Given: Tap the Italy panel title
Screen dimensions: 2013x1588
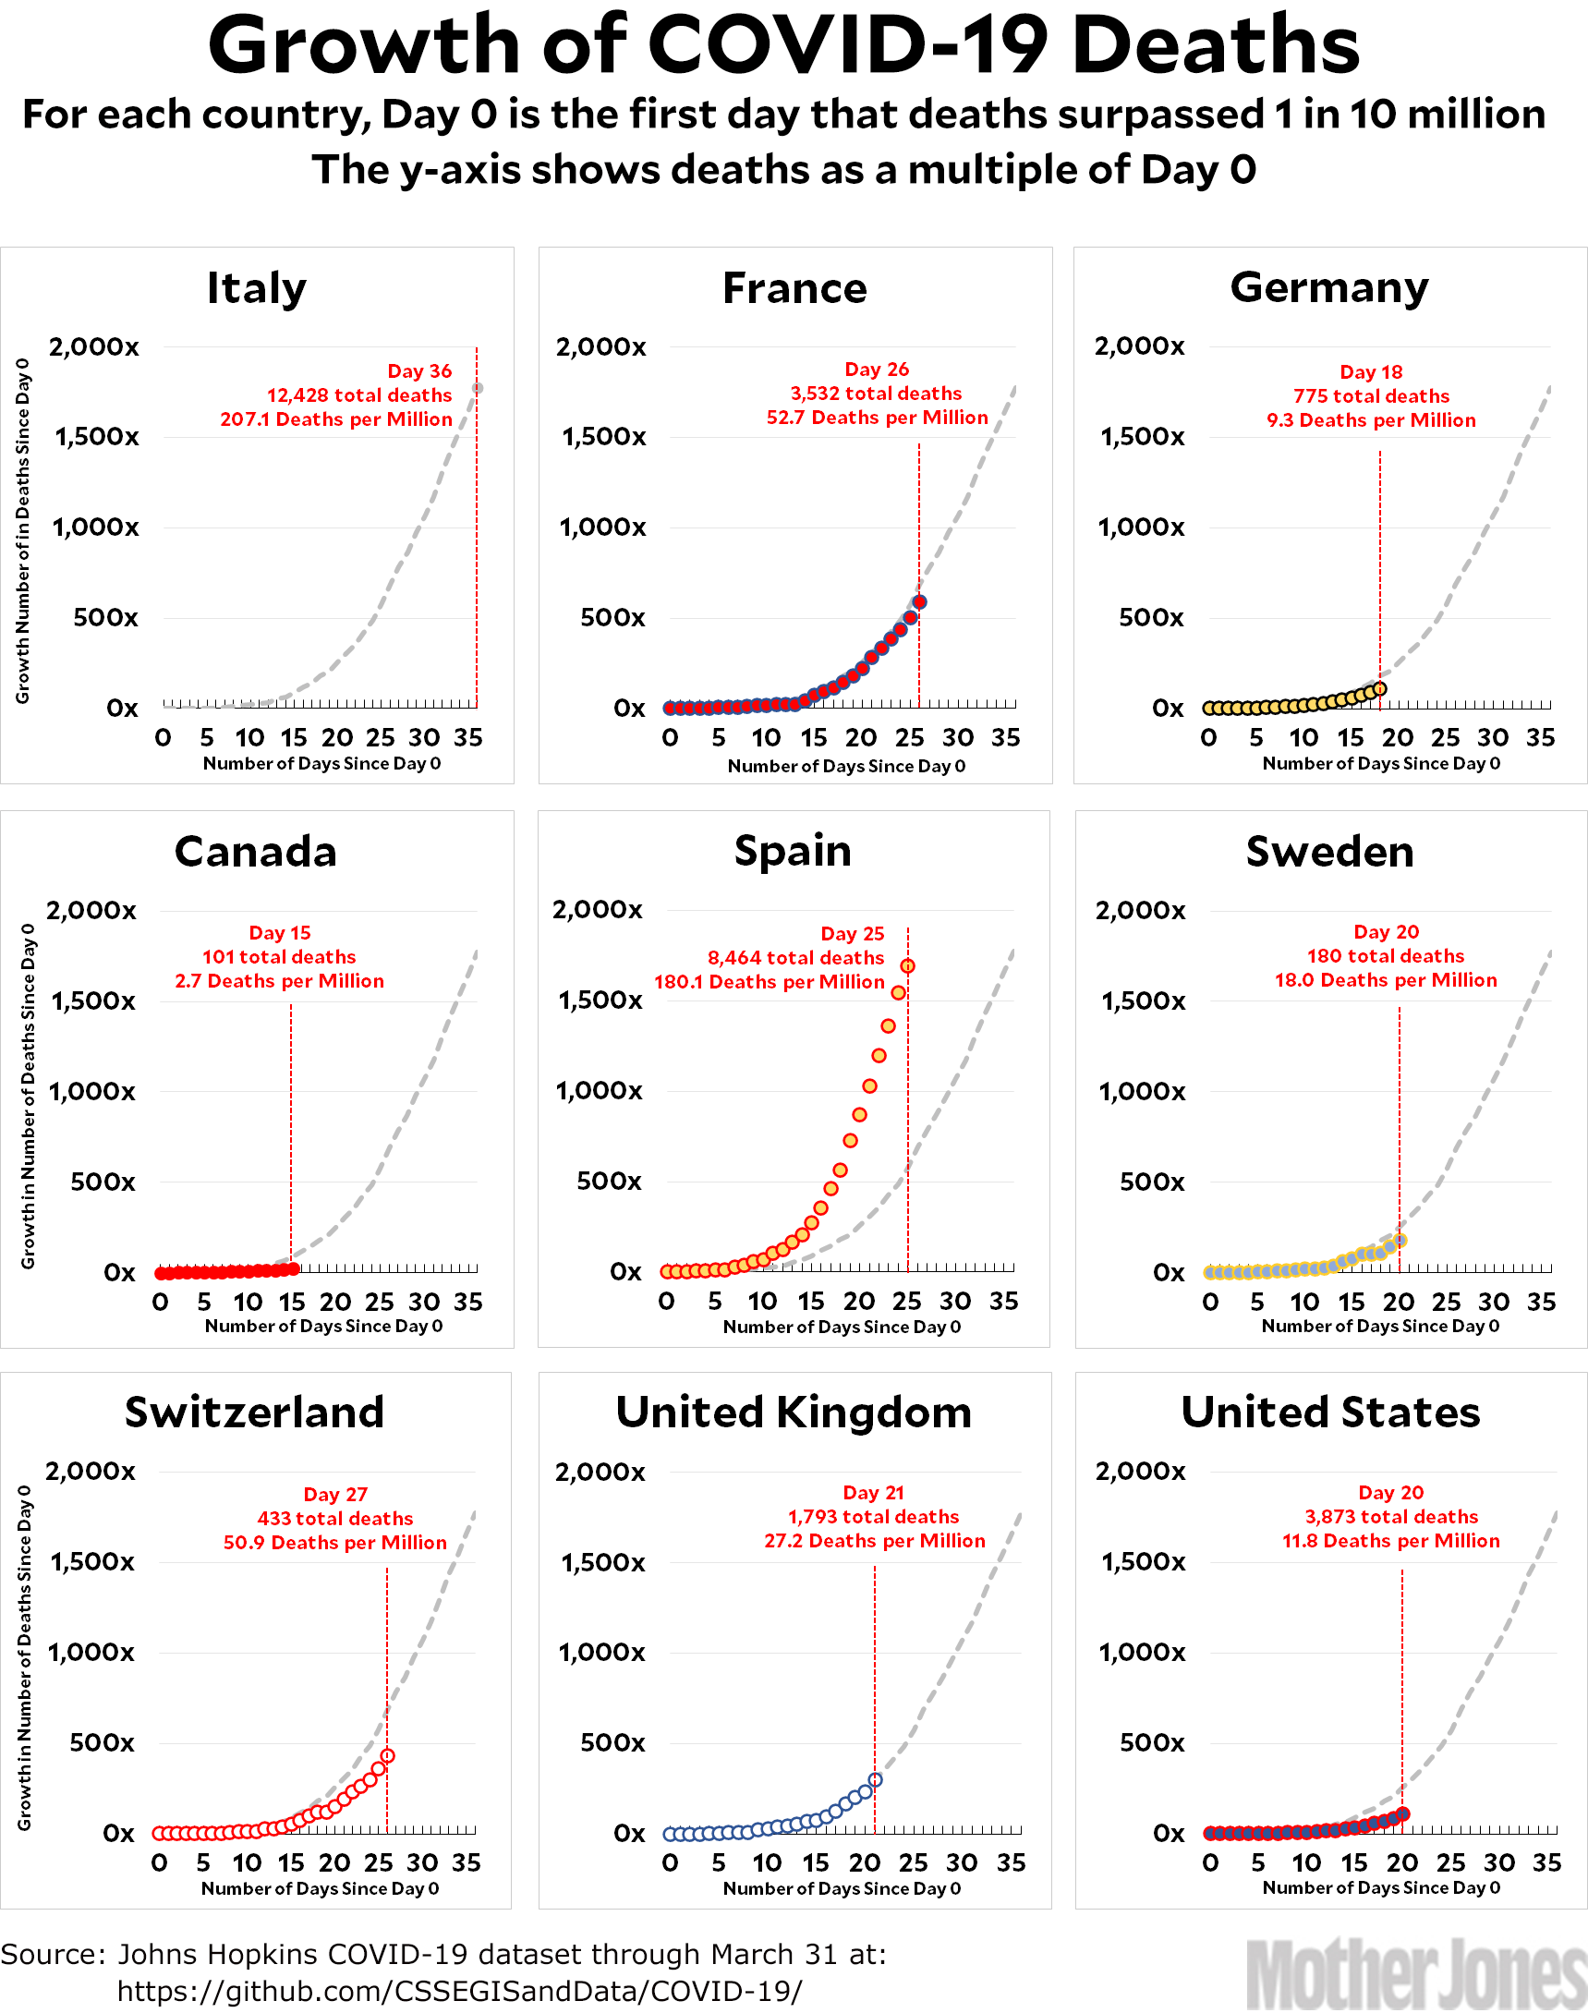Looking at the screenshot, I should (256, 287).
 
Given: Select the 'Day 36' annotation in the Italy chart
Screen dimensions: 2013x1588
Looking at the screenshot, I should (419, 371).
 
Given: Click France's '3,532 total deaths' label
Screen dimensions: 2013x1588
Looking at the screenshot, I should (876, 394).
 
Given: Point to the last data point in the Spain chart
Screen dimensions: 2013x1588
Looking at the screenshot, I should (906, 966).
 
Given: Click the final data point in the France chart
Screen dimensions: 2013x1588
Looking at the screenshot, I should (919, 601).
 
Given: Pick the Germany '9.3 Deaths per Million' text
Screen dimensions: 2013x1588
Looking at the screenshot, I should (1370, 420).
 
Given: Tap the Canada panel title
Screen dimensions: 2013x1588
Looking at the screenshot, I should (256, 851).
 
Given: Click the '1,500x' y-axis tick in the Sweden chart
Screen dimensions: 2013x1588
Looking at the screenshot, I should (1144, 1000).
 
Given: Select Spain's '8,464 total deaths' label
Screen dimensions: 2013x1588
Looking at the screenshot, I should (796, 958).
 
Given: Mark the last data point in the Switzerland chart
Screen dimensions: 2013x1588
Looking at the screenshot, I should (388, 1755).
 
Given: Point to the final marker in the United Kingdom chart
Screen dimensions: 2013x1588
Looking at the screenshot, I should (875, 1779).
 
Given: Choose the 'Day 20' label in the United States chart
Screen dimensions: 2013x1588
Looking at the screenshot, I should (1390, 1492).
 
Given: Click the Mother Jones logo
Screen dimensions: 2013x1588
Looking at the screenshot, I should (1415, 1973).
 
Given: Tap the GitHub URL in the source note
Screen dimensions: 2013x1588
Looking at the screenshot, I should (458, 1991).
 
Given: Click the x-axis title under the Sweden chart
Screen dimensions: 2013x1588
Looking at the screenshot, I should (1380, 1326).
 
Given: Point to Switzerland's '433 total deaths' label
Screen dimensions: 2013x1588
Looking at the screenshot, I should (334, 1519).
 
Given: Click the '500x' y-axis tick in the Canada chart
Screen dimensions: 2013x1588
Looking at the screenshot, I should (103, 1182).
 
